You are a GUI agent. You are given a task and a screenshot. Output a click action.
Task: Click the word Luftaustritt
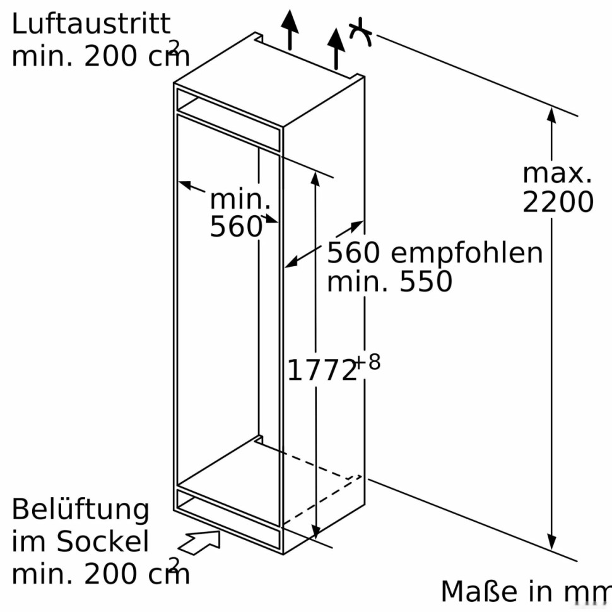pos(91,24)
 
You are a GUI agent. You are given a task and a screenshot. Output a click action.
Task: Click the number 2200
pos(558,202)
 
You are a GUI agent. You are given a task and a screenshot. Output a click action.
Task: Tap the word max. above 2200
pos(557,174)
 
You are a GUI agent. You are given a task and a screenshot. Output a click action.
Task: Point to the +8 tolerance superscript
pos(368,362)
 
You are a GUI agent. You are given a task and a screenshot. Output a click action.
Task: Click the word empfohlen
pos(467,254)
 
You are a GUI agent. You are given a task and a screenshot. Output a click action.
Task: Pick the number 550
pos(426,281)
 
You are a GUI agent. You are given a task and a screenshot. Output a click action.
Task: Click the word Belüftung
pos(80,510)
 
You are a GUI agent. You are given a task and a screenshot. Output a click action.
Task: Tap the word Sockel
pos(103,541)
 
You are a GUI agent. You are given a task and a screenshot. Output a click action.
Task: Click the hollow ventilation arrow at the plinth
pos(201,542)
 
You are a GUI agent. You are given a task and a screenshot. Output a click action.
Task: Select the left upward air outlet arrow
pos(290,30)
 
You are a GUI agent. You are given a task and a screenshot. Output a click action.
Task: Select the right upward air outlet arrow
pos(336,49)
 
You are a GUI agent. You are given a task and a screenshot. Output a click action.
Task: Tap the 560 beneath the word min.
pos(236,226)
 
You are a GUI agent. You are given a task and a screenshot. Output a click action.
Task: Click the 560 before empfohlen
pos(353,252)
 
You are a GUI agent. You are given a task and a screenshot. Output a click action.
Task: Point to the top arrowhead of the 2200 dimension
pos(551,115)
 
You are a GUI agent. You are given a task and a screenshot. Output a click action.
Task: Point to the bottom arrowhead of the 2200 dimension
pos(551,542)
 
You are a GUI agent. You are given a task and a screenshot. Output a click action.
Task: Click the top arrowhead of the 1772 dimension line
pos(315,179)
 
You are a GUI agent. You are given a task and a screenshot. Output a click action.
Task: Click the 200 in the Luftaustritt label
pos(109,57)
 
